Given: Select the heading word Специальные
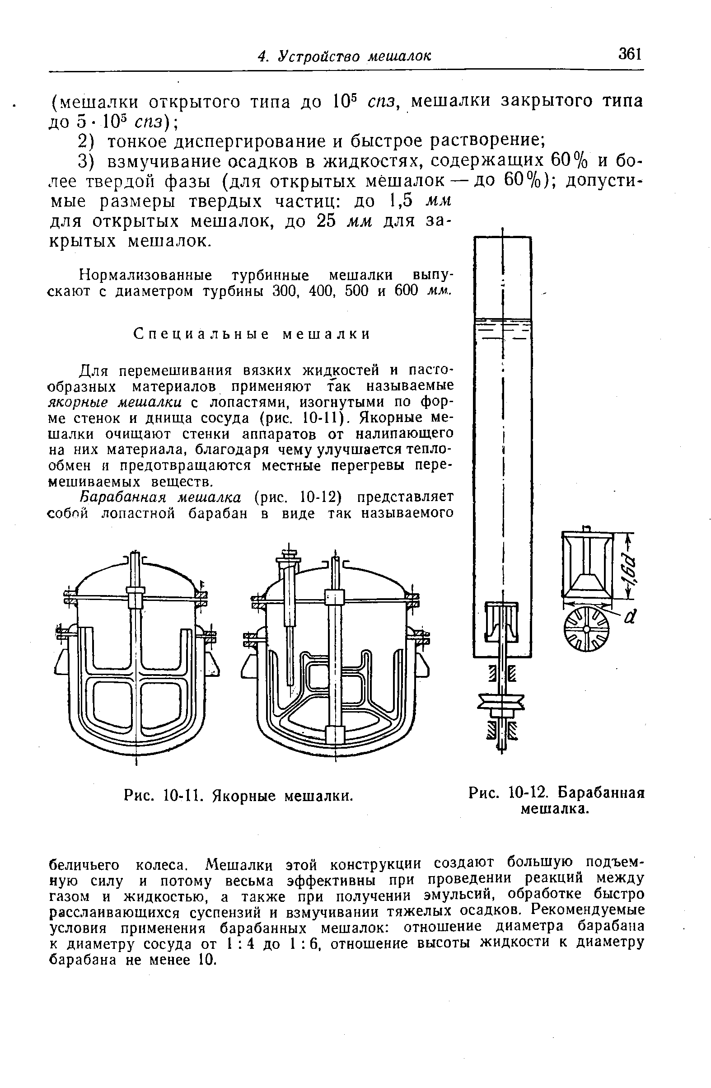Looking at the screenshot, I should pyautogui.click(x=197, y=335).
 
